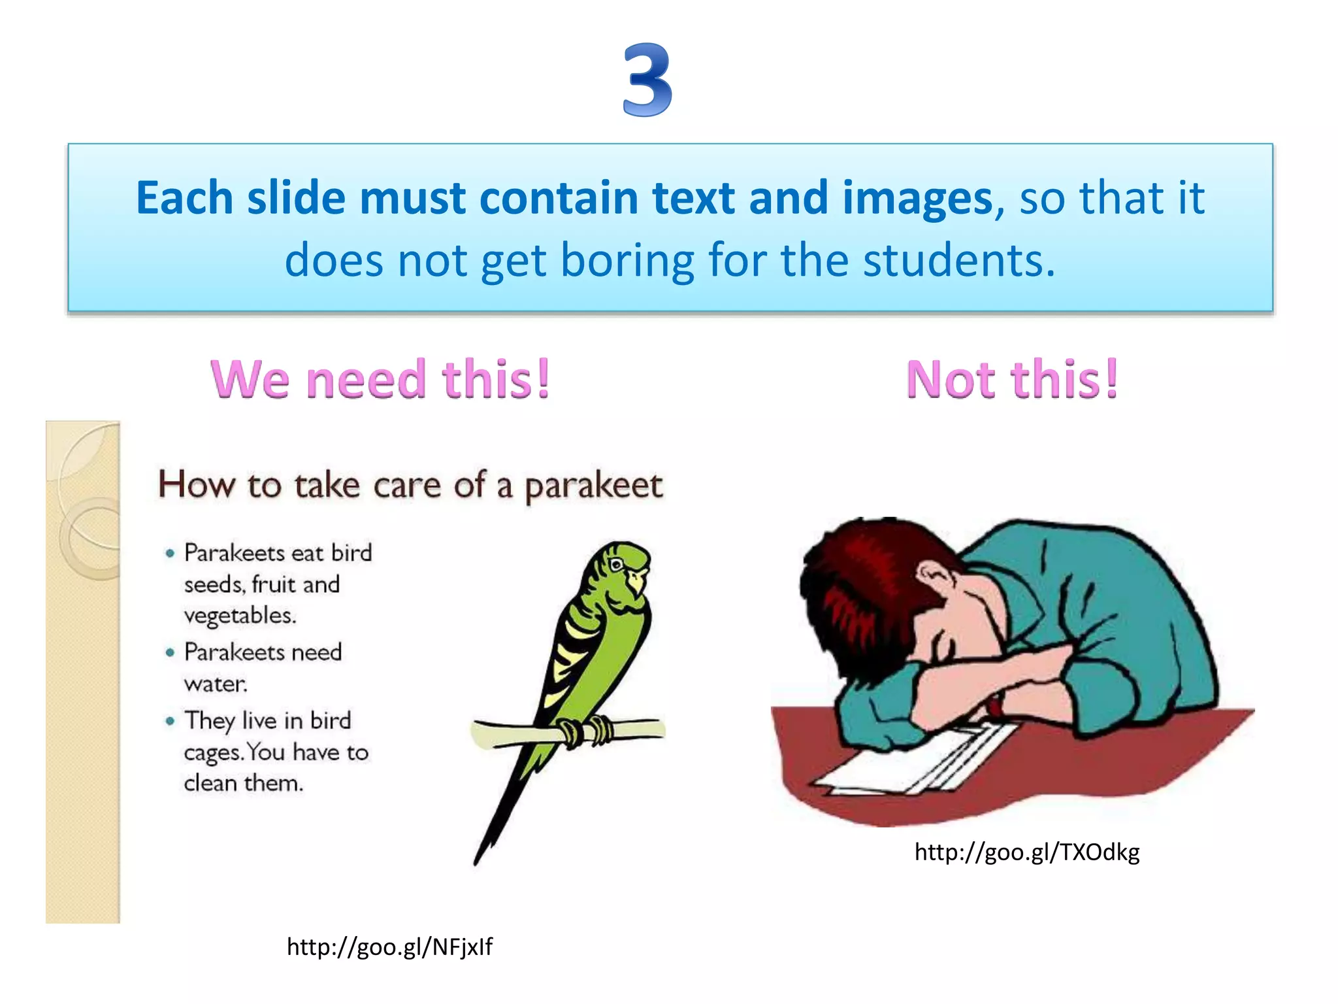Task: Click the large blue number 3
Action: tap(647, 80)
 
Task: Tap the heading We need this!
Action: tap(380, 379)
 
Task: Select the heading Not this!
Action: tap(1012, 379)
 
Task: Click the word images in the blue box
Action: tap(917, 198)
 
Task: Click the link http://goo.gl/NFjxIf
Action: tap(389, 946)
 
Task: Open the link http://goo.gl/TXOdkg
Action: tap(1026, 852)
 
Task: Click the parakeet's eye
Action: tap(615, 564)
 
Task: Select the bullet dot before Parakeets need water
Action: tap(171, 652)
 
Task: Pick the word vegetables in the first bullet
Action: tap(240, 616)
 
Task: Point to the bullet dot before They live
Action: tap(171, 721)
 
